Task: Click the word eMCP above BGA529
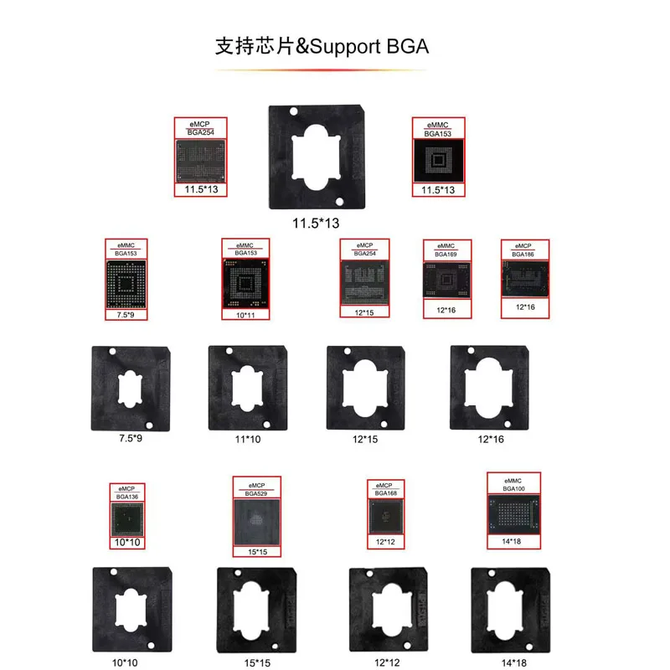pyautogui.click(x=255, y=485)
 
